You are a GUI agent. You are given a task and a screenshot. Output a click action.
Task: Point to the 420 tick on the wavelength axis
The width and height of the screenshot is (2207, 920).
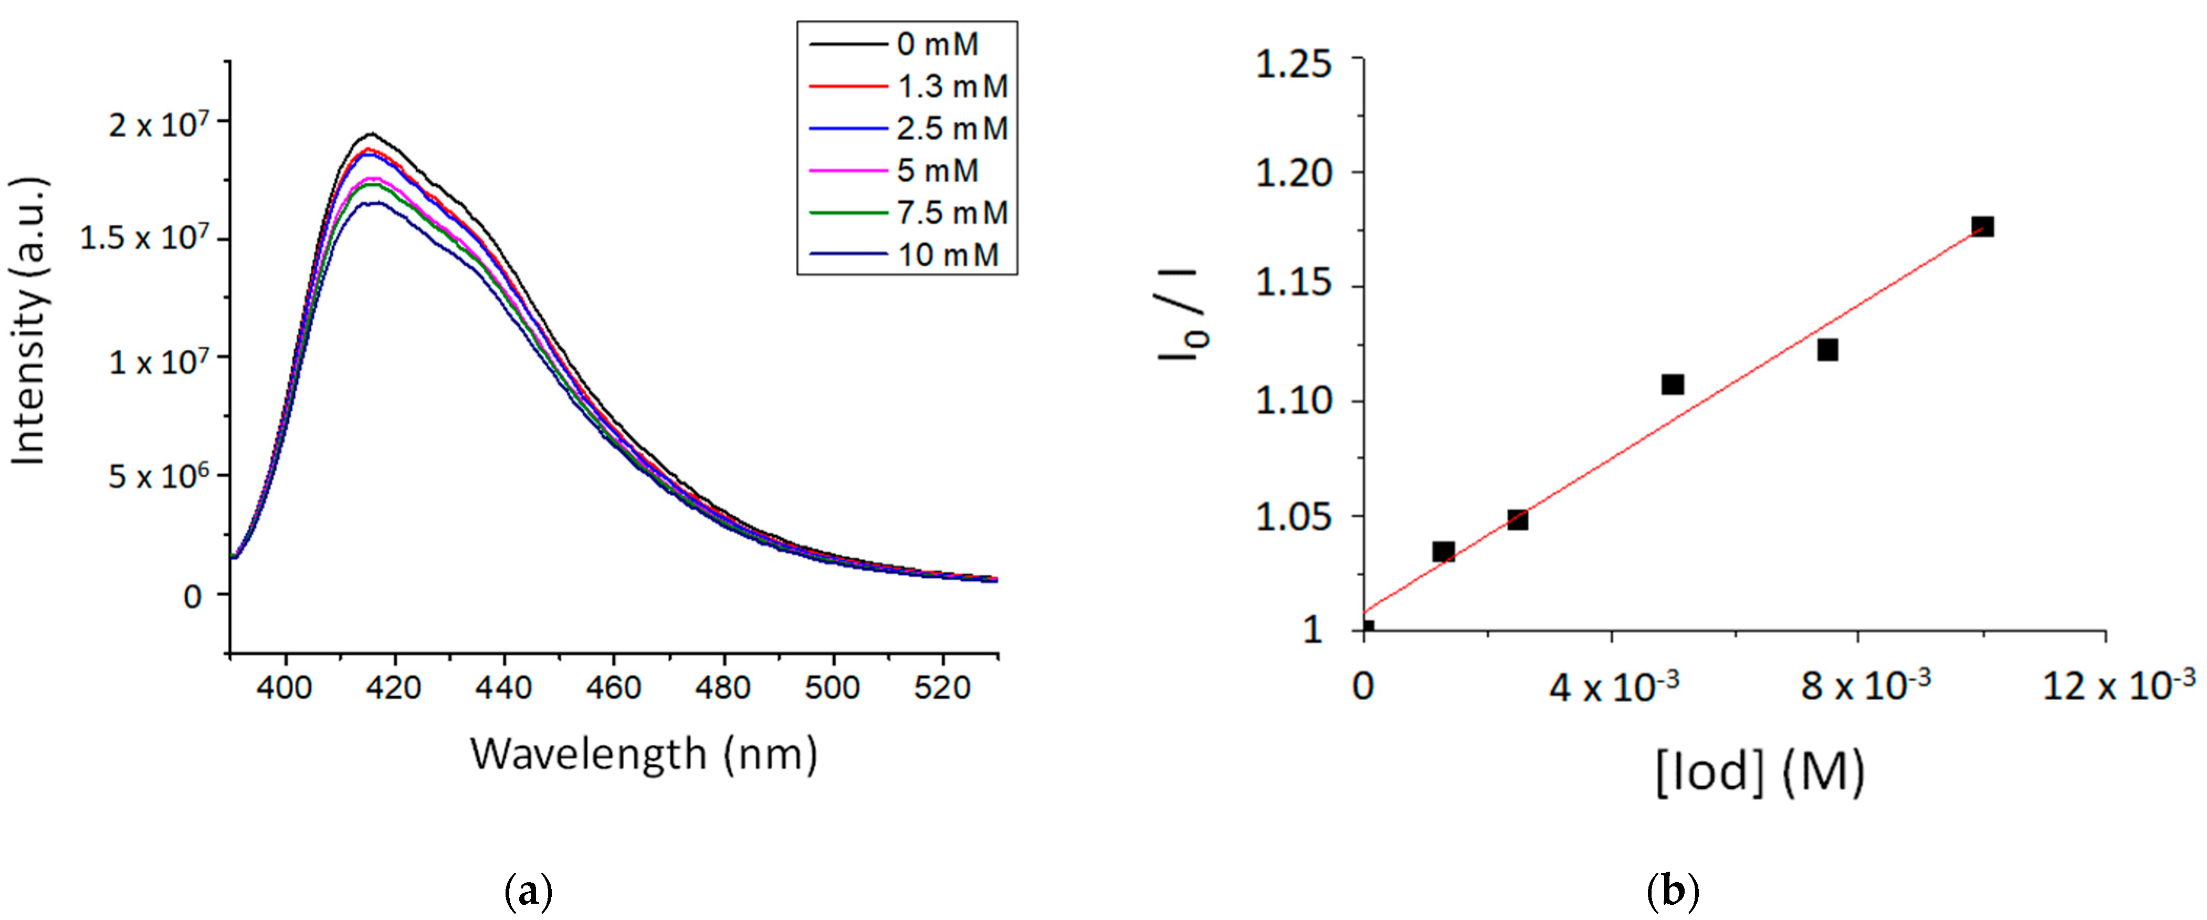click(x=394, y=687)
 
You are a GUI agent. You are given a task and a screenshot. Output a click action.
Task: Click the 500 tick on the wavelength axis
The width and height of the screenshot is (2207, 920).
click(x=832, y=687)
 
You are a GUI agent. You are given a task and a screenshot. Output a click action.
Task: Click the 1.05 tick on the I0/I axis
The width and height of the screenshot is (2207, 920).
click(x=1293, y=517)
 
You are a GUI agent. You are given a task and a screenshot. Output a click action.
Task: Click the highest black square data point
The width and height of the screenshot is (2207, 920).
click(x=1982, y=226)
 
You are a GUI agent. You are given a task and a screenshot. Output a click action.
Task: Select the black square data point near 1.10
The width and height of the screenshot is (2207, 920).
click(x=1673, y=384)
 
